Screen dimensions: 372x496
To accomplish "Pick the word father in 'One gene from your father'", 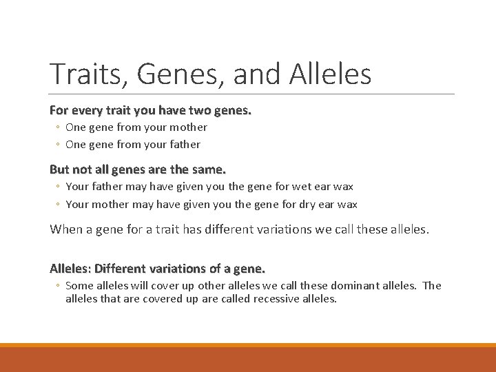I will coord(185,144).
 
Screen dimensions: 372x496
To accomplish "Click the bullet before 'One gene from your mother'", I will coord(59,127).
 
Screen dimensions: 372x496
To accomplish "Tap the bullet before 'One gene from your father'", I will coord(59,145).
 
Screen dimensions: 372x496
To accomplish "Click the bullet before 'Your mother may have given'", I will coord(59,205).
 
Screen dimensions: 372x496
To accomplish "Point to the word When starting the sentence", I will coord(67,229).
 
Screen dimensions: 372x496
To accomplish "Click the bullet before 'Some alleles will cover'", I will coord(59,286).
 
